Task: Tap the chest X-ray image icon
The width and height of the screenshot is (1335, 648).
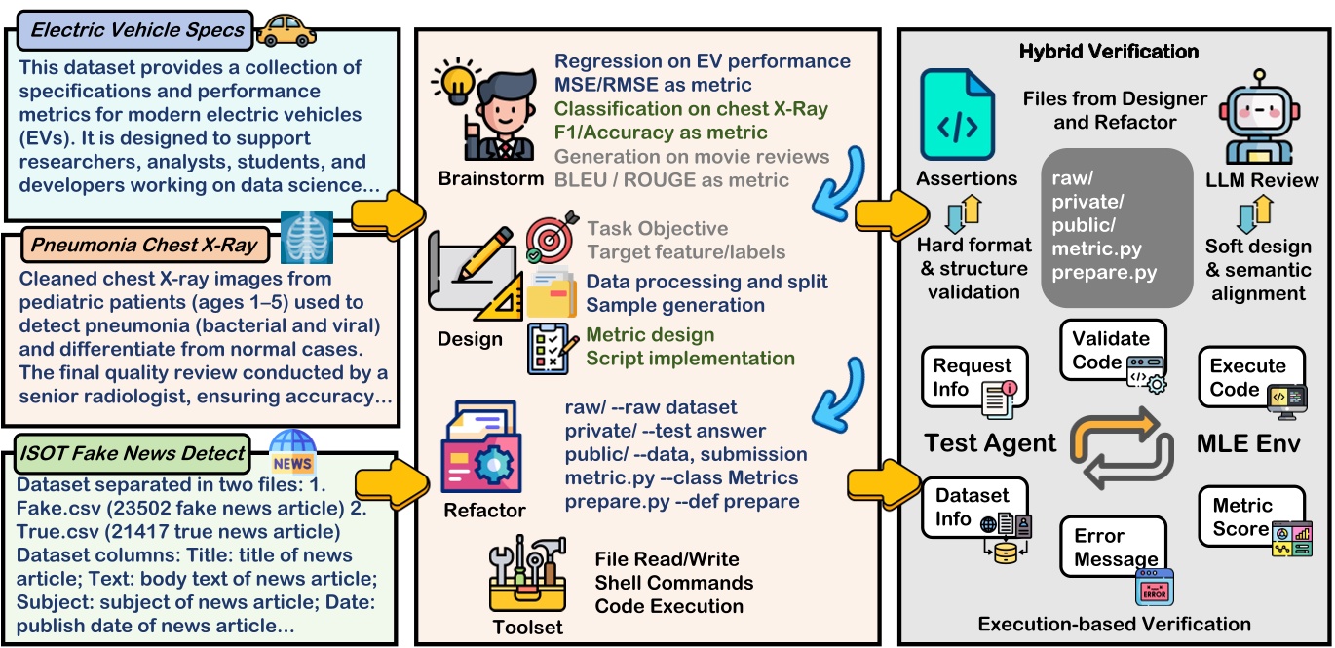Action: coord(306,237)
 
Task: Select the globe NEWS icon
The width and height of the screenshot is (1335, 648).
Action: coord(293,451)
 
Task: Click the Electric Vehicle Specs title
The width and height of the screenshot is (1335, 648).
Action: coord(137,29)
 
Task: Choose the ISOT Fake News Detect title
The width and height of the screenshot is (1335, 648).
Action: coord(133,452)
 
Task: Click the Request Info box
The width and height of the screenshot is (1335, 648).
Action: coord(974,381)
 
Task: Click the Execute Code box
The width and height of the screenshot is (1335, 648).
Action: coord(1251,380)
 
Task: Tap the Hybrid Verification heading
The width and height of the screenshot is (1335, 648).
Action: coord(1109,52)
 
